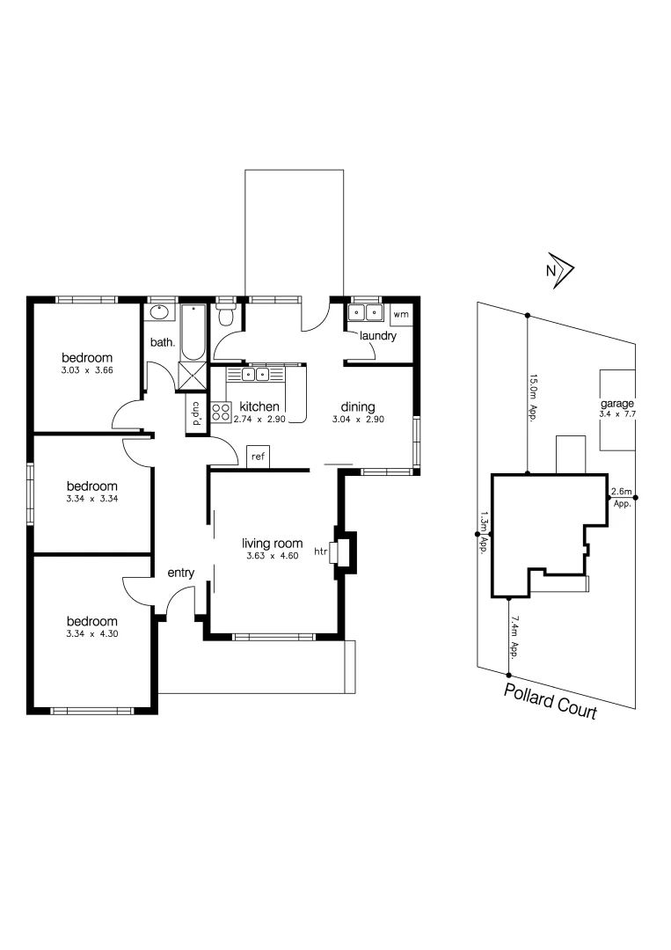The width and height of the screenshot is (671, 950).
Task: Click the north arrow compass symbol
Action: click(x=558, y=271)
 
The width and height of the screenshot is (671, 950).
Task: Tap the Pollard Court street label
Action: click(x=551, y=700)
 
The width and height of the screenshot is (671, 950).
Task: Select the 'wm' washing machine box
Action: click(x=400, y=314)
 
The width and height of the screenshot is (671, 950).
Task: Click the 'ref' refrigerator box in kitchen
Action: click(x=258, y=457)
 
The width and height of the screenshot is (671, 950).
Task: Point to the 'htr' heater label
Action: click(x=320, y=552)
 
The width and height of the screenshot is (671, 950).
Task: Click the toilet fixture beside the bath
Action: click(x=227, y=316)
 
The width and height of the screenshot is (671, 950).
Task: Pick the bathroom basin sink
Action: click(x=161, y=312)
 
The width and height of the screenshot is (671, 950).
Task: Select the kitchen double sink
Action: click(x=256, y=375)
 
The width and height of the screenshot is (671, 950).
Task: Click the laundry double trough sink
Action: click(x=365, y=312)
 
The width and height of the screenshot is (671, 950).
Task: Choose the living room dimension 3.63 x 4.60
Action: click(x=273, y=555)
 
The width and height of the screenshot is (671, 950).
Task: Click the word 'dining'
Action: click(x=358, y=406)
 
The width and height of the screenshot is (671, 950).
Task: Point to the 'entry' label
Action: click(x=180, y=573)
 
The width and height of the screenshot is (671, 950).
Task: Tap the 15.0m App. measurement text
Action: click(x=532, y=398)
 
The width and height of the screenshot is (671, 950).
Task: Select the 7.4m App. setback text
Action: click(x=514, y=637)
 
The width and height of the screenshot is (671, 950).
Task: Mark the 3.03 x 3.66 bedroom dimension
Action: click(x=87, y=370)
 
